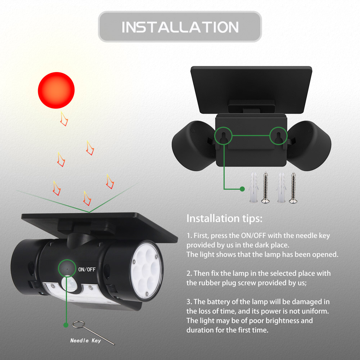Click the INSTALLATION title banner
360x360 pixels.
pyautogui.click(x=180, y=27)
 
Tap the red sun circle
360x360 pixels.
pyautogui.click(x=56, y=90)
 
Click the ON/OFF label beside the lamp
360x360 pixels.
pyautogui.click(x=87, y=270)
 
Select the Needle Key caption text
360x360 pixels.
pyautogui.click(x=85, y=341)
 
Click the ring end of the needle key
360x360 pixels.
pyautogui.click(x=77, y=325)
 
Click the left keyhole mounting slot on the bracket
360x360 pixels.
pyautogui.click(x=223, y=137)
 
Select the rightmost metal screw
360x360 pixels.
pyautogui.click(x=293, y=188)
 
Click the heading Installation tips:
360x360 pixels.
pyautogui.click(x=224, y=219)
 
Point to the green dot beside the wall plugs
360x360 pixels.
pyautogui.click(x=242, y=189)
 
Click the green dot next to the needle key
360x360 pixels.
pyautogui.click(x=66, y=325)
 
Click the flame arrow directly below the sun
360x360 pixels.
pyautogui.click(x=64, y=118)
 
